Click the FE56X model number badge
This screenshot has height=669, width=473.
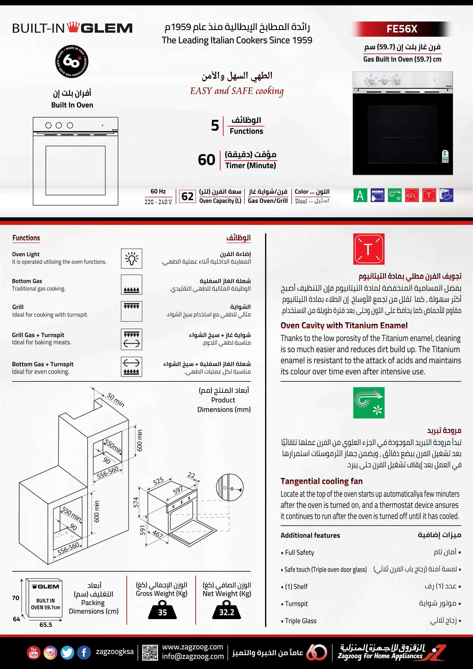[x=402, y=29]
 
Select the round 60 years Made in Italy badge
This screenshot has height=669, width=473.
[x=72, y=62]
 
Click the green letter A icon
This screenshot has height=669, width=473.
[x=360, y=195]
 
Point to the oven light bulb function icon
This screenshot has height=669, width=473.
[x=132, y=258]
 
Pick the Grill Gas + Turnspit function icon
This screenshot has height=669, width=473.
[x=132, y=339]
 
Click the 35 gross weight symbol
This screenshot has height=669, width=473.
[x=162, y=610]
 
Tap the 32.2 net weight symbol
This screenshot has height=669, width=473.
[x=226, y=610]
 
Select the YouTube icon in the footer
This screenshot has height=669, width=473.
[x=34, y=653]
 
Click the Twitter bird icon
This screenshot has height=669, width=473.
[x=67, y=653]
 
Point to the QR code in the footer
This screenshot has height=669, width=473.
[x=150, y=652]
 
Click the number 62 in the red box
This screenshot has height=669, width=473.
[x=187, y=196]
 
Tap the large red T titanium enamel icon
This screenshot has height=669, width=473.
[x=368, y=249]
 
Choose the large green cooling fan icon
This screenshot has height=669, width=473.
[x=368, y=403]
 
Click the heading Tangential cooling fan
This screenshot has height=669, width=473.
[x=321, y=481]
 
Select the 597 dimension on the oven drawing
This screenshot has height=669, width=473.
[x=178, y=490]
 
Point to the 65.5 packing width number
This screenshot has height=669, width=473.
[x=46, y=625]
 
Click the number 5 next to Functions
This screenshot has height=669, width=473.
[x=215, y=126]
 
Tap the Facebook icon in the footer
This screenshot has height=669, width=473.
[x=84, y=653]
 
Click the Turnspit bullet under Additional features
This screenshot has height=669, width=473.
[x=296, y=604]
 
